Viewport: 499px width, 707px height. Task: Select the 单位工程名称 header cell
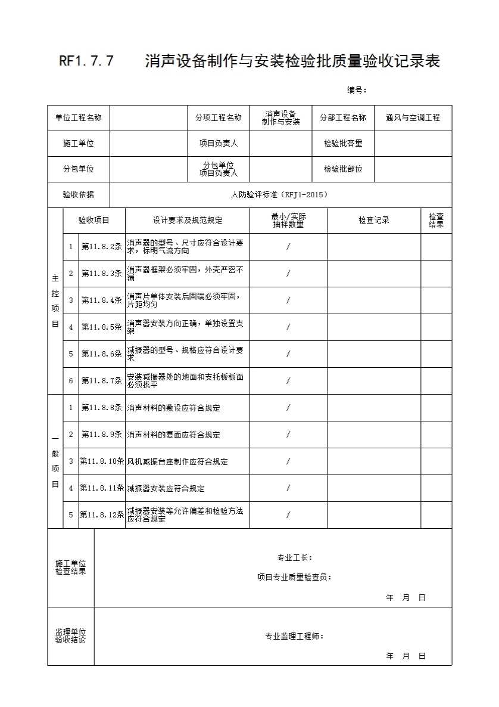coord(79,118)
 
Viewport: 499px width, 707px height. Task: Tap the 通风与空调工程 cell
coord(413,118)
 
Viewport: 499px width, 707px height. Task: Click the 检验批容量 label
coord(343,144)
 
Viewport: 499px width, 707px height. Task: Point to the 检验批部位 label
coord(343,169)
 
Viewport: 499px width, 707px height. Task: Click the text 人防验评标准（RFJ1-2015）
coord(280,195)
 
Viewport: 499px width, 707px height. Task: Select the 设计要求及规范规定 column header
coord(188,221)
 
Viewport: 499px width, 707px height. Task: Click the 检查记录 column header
coord(374,221)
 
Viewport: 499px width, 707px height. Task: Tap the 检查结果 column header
coord(436,221)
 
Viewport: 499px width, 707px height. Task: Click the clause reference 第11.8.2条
coord(102,247)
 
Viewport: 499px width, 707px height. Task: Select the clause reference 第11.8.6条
coord(102,354)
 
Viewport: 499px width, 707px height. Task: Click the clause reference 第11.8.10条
coord(102,461)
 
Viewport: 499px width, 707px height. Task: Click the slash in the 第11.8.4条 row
coord(288,300)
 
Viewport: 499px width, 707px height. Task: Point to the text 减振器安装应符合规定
coord(166,489)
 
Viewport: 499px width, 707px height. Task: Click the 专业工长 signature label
coord(295,558)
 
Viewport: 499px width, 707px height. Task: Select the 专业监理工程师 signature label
coord(295,636)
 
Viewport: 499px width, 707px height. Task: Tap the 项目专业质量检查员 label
coord(295,577)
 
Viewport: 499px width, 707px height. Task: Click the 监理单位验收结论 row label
coord(71,636)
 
